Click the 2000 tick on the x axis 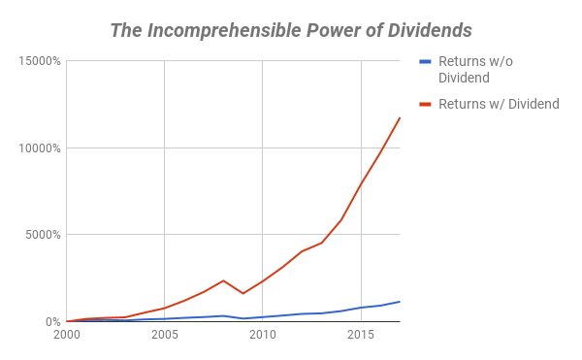(67, 336)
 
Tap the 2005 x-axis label (165, 336)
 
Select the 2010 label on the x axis (263, 336)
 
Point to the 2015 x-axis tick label (361, 336)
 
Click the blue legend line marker (423, 62)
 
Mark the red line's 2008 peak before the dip (224, 280)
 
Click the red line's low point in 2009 (243, 293)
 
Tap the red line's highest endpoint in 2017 (400, 118)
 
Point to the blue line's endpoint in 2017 (400, 302)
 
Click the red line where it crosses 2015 (361, 184)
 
